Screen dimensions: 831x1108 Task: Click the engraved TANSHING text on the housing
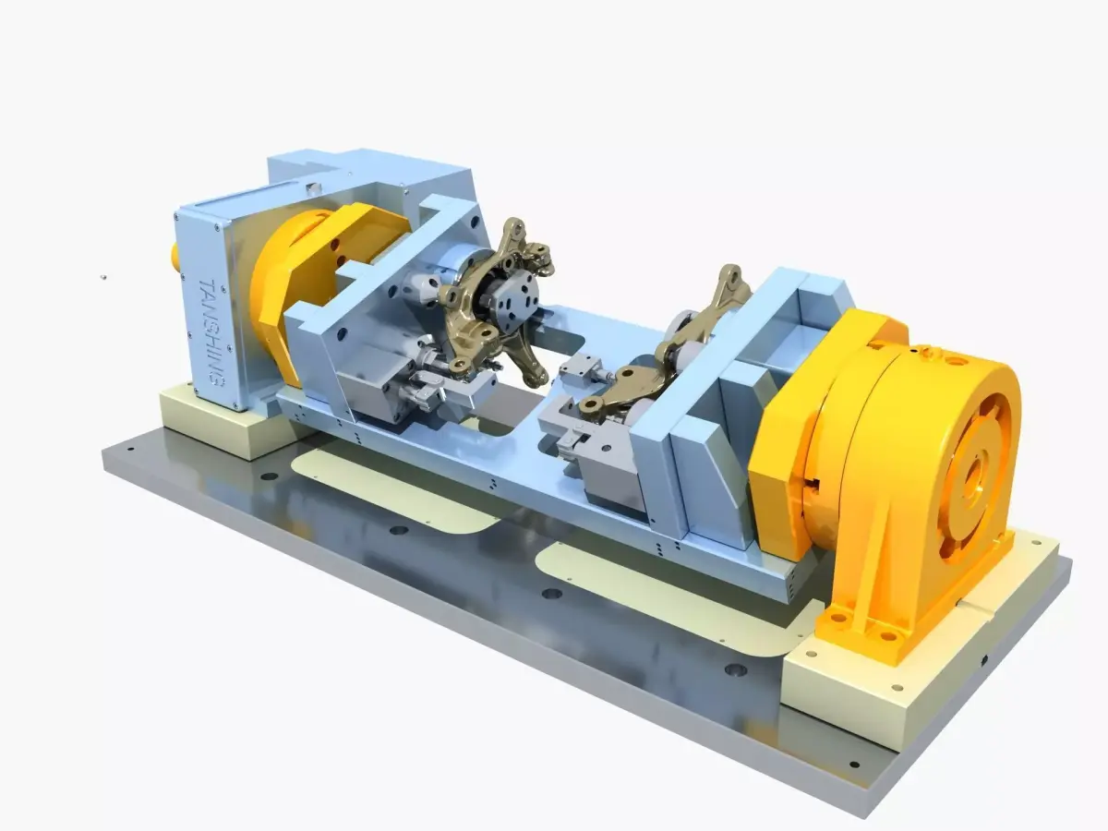pos(210,332)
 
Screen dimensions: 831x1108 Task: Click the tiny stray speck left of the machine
pos(103,274)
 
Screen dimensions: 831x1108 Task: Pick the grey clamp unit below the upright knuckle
pos(388,388)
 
